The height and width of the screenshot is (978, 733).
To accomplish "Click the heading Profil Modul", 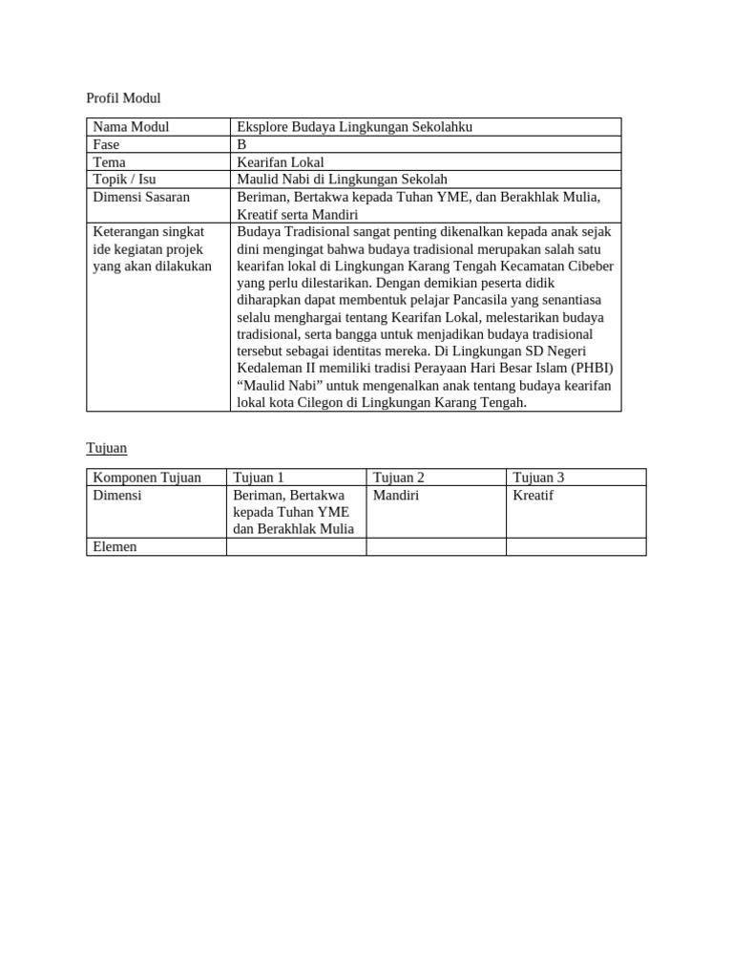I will (x=123, y=97).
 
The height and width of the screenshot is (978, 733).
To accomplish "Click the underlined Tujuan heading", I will (x=106, y=447).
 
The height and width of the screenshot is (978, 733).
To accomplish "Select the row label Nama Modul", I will (x=131, y=127).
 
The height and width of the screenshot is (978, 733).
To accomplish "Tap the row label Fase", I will (x=106, y=144).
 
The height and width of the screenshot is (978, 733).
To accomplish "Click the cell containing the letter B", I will (x=241, y=144).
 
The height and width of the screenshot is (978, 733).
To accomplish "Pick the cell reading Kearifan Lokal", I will (x=281, y=161).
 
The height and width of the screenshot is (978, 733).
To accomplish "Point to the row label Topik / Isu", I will (x=124, y=179).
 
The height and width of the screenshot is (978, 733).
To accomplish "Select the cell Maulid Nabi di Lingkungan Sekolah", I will (x=342, y=179).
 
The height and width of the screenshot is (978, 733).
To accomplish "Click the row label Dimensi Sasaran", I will (x=141, y=197).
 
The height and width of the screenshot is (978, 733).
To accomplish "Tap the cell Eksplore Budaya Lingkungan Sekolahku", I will (x=354, y=127).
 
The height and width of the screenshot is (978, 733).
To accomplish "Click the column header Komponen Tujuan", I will (x=147, y=477).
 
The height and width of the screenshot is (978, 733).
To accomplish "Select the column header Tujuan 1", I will (x=259, y=477).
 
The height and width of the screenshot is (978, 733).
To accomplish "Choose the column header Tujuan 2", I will (x=399, y=477).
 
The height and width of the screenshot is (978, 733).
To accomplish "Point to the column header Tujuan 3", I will (x=538, y=477).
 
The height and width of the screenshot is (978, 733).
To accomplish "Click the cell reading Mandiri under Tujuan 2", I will (x=396, y=496).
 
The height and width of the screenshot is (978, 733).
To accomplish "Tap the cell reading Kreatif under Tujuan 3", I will (x=533, y=496).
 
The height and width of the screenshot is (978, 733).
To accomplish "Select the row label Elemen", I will (x=115, y=546).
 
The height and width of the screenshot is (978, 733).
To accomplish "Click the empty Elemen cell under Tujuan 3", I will (x=576, y=546).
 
